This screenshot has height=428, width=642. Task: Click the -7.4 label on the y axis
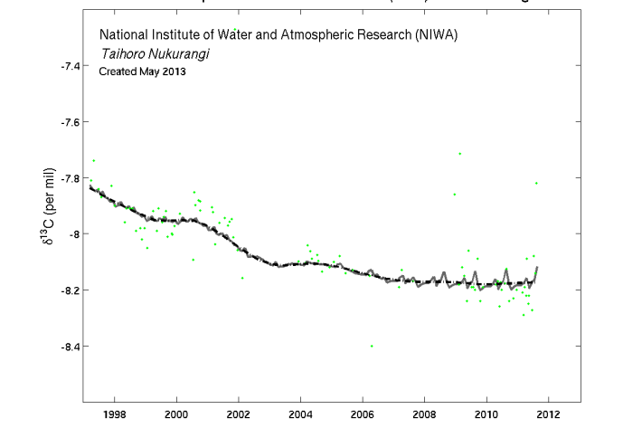coord(71,66)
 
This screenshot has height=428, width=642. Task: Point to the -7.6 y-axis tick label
coord(71,122)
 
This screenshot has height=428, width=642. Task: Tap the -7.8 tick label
coord(71,178)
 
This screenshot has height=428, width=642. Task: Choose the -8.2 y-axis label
coord(71,290)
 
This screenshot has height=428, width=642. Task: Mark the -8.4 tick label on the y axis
coord(71,347)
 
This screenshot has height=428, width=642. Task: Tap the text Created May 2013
coord(142,71)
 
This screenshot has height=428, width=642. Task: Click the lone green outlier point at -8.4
coord(372,346)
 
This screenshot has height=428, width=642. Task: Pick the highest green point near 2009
coord(460,153)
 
